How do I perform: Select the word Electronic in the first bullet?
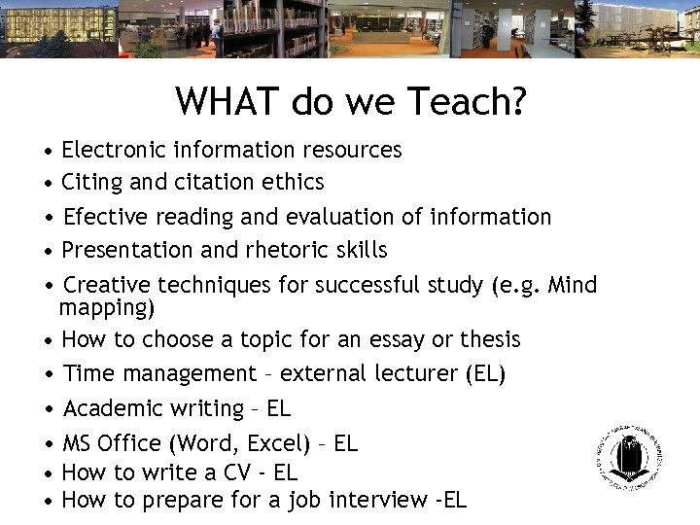coord(114,150)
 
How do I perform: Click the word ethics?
coord(294,182)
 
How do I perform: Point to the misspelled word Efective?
coord(103,217)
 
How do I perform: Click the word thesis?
coord(490,339)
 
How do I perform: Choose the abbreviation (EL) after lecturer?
coord(486,373)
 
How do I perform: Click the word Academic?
coord(110,408)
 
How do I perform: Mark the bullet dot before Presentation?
coord(48,251)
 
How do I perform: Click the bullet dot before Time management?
coord(48,374)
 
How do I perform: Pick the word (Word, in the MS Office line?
coord(204,443)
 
